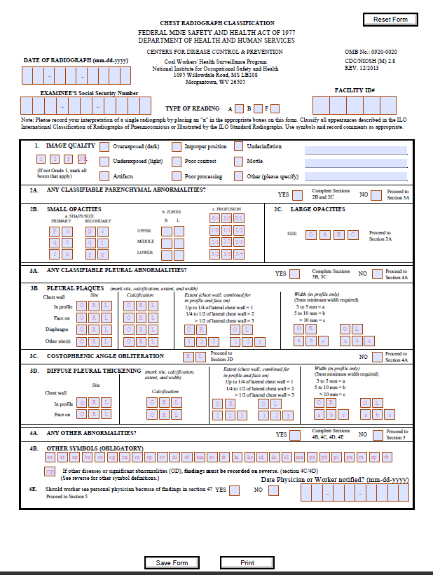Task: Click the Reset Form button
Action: point(390,20)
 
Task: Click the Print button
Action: point(247,562)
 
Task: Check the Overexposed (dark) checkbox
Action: point(104,147)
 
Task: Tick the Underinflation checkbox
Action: point(239,146)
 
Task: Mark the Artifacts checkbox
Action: point(104,176)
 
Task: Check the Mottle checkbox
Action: point(239,162)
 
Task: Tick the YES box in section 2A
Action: point(297,194)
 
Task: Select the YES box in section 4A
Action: point(297,434)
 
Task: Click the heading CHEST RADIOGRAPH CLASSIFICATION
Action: point(216,24)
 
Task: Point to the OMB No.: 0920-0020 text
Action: point(371,52)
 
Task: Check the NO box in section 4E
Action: point(273,490)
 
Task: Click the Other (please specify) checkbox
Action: point(239,176)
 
